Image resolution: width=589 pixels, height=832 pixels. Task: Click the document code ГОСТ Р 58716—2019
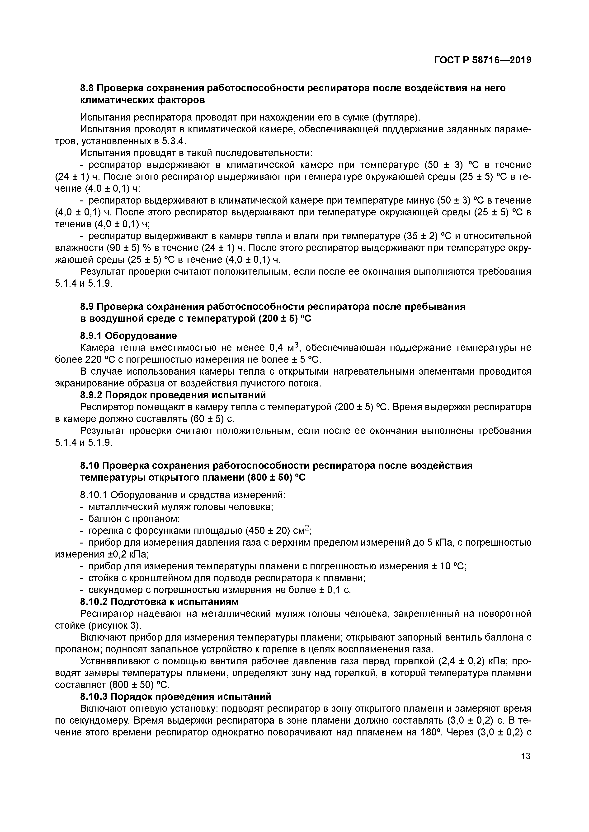coord(482,60)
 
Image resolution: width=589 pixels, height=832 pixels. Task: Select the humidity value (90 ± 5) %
coord(128,248)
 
